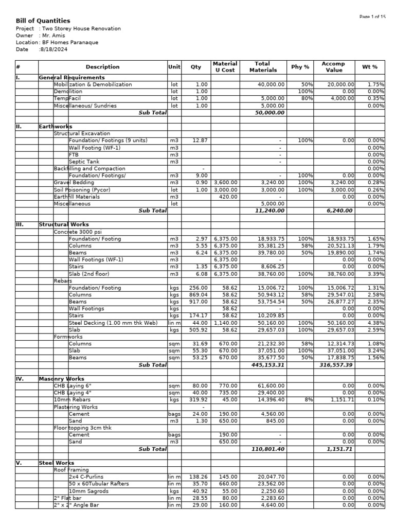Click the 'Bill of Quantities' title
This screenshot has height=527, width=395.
point(43,21)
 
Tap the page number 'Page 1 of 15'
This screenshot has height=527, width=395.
point(372,17)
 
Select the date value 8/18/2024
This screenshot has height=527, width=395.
point(54,49)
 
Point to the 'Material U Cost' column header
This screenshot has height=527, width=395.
point(225,67)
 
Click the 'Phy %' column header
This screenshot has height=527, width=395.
point(300,67)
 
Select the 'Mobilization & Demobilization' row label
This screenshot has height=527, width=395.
point(93,84)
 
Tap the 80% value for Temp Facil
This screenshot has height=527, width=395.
point(307,98)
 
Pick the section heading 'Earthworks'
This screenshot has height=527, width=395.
point(56,127)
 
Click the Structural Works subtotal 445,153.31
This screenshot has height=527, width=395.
point(266,365)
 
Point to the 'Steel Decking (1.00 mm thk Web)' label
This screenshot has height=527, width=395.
point(113,323)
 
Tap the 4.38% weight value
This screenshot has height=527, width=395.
point(376,323)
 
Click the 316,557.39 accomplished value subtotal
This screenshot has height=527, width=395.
point(335,365)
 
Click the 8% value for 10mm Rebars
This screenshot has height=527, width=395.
point(308,399)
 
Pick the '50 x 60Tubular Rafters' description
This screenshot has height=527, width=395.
point(99,484)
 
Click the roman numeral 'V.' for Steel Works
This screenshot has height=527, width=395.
point(19,463)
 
